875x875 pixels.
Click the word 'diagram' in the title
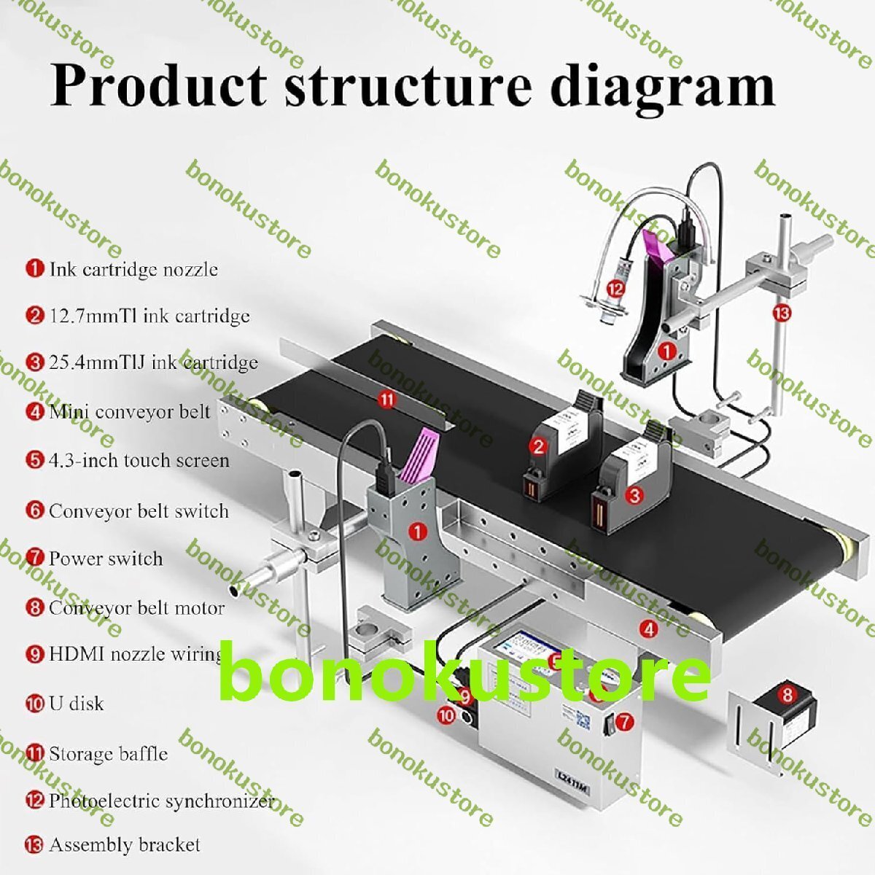(661, 86)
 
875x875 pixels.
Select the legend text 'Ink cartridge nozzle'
(133, 269)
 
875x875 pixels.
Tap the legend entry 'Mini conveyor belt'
(129, 412)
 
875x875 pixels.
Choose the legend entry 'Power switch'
(105, 559)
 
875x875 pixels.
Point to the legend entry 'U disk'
(76, 704)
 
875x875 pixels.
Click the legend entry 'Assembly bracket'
(124, 845)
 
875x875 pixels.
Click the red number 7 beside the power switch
(624, 722)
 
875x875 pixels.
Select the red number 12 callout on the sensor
(616, 289)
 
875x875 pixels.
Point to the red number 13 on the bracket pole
(782, 313)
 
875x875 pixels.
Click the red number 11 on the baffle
(386, 399)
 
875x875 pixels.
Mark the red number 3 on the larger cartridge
(635, 496)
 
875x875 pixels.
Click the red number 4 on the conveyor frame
(647, 627)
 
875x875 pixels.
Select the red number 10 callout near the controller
(446, 716)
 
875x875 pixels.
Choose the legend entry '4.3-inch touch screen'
(139, 461)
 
